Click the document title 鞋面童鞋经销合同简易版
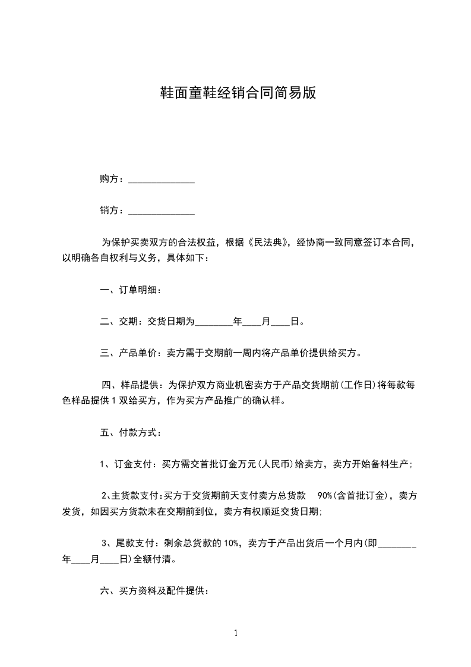tap(236, 93)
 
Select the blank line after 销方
tap(162, 211)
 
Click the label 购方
tap(112, 179)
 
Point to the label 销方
tap(112, 210)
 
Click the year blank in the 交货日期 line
tap(214, 323)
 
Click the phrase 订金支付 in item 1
tap(134, 464)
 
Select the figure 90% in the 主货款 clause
tap(326, 495)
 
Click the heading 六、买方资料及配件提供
tap(153, 591)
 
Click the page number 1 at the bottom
tap(236, 633)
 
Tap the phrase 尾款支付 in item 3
tap(134, 543)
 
